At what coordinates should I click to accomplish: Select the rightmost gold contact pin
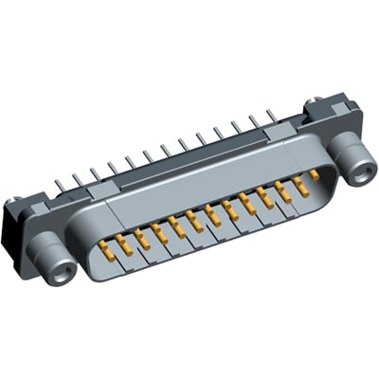[x=314, y=176]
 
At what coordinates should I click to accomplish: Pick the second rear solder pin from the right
[x=252, y=123]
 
